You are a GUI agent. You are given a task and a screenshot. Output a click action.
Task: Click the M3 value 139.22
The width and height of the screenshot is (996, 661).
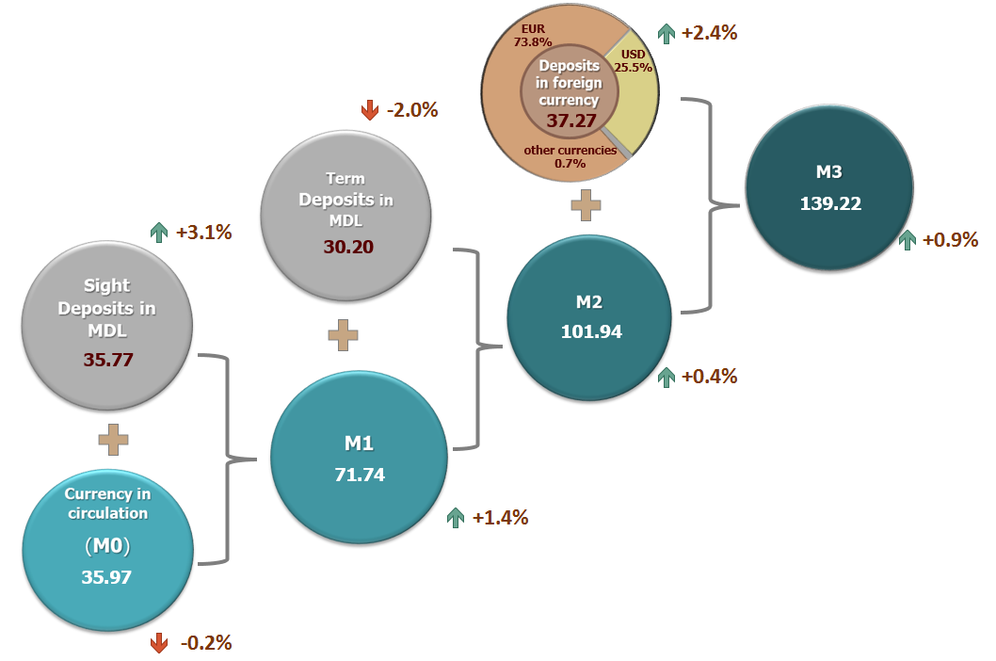pyautogui.click(x=830, y=203)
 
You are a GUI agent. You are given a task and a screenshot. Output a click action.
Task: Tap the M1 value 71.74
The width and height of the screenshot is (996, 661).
pyautogui.click(x=360, y=474)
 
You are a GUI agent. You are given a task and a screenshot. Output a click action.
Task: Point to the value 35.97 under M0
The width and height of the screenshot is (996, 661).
pyautogui.click(x=106, y=577)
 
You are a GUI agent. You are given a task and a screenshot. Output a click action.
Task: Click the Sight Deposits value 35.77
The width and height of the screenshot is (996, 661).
pyautogui.click(x=106, y=358)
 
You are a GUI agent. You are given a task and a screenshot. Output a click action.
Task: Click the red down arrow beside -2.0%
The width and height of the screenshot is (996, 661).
pyautogui.click(x=369, y=110)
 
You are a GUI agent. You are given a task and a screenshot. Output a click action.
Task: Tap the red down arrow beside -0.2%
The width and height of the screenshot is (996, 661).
pyautogui.click(x=159, y=643)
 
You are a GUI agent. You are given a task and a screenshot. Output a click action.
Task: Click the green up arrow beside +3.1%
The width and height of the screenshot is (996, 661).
pyautogui.click(x=158, y=232)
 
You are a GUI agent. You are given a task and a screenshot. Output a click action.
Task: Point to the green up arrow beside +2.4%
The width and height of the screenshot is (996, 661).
pyautogui.click(x=666, y=33)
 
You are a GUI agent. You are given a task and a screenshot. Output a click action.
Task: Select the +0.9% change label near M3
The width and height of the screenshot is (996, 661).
pyautogui.click(x=951, y=239)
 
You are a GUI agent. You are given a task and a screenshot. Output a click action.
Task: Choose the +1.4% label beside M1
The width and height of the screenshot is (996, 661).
pyautogui.click(x=500, y=517)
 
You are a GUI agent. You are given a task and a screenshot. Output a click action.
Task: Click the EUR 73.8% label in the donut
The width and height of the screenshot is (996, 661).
pyautogui.click(x=532, y=35)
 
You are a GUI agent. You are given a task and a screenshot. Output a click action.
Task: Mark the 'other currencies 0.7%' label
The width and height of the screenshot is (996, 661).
pyautogui.click(x=570, y=156)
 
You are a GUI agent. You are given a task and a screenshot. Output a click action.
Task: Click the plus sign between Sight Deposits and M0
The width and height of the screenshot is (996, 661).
pyautogui.click(x=112, y=440)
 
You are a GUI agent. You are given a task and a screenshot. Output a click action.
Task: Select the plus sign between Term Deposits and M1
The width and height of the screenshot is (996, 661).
pyautogui.click(x=344, y=334)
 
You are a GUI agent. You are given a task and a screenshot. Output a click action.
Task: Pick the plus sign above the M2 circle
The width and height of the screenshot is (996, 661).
pyautogui.click(x=586, y=204)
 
